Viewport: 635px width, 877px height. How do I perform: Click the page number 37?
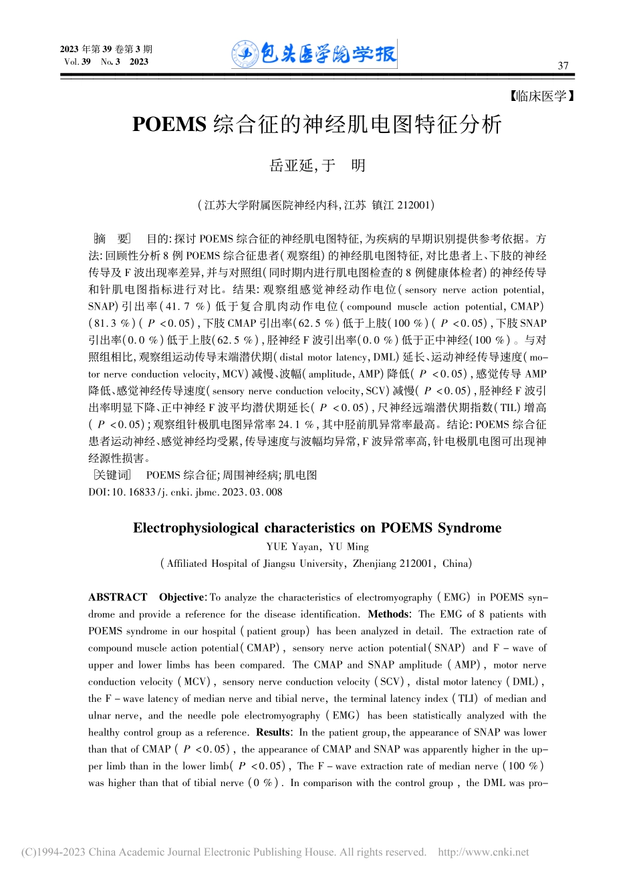coord(563,66)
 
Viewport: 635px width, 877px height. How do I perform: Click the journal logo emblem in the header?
coord(245,54)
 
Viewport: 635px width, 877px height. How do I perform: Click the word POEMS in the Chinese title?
coord(168,125)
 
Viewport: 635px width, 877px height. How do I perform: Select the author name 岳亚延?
coord(291,166)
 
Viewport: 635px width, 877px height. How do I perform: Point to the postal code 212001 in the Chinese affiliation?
coord(415,205)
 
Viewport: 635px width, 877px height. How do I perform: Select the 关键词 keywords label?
coord(111,475)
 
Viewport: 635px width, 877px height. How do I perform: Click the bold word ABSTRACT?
coord(118,597)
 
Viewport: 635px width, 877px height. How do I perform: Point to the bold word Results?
coord(273,733)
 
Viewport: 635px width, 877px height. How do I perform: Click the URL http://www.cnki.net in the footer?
coord(483,852)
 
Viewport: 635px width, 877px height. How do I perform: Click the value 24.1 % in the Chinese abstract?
coord(295,424)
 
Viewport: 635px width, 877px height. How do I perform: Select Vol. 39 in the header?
coord(78,62)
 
